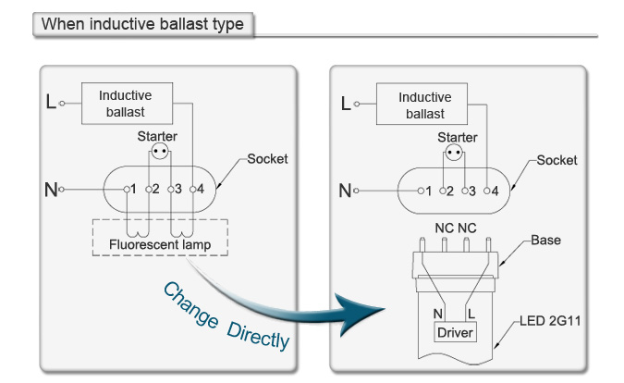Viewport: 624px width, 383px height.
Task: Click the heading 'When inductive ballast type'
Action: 142,24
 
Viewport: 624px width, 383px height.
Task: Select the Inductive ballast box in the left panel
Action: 127,104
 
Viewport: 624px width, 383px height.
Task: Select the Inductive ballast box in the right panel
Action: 422,105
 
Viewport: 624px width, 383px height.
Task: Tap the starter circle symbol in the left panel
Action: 160,152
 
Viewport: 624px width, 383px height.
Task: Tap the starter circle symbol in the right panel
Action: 454,153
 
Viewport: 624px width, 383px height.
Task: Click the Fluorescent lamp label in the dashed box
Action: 160,244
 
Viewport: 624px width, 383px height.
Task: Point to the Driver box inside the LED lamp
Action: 455,332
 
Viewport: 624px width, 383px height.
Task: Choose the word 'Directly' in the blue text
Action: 258,337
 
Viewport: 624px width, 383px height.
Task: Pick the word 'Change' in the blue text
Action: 190,305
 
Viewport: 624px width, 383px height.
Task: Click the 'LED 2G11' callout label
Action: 550,321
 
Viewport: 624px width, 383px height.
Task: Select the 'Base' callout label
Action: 545,241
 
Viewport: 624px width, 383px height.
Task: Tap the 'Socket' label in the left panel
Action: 267,159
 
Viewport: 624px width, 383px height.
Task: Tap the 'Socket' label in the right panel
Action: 557,160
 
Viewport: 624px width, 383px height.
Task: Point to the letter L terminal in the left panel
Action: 51,102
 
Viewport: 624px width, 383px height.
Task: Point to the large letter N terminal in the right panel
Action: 345,191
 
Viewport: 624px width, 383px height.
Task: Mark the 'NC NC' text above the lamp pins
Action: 456,229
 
